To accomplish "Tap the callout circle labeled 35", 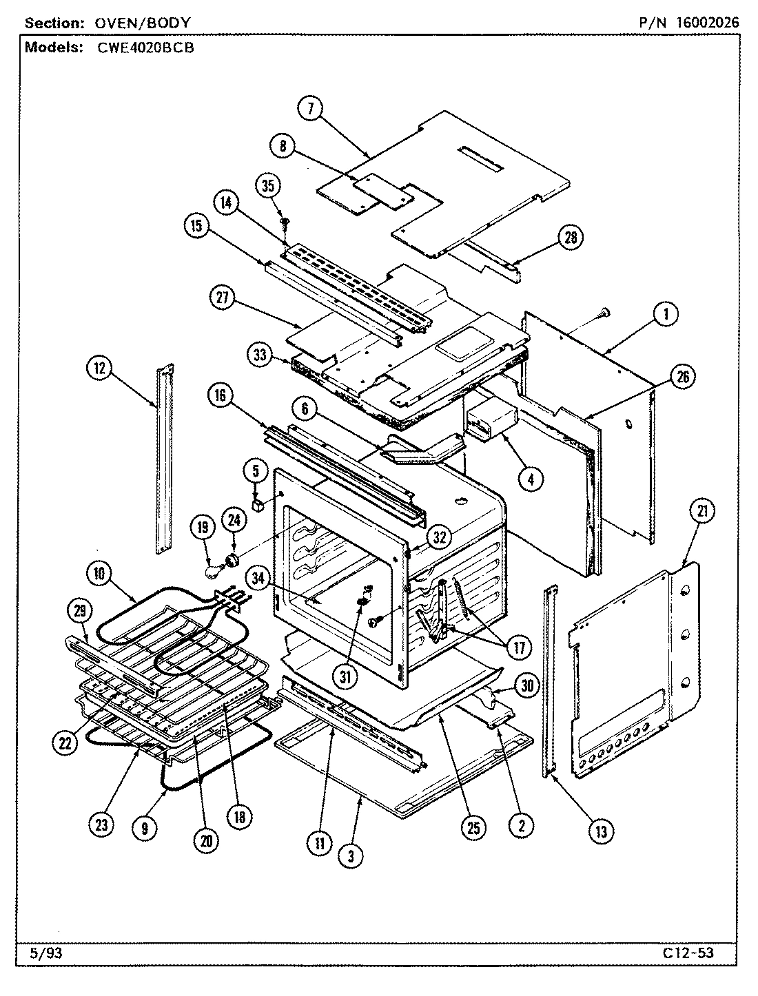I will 269,187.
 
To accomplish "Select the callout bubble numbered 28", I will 571,238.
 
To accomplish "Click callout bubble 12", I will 100,369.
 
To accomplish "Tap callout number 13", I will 600,831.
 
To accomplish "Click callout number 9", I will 144,827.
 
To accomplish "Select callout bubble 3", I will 351,855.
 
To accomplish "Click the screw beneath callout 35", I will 284,221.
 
